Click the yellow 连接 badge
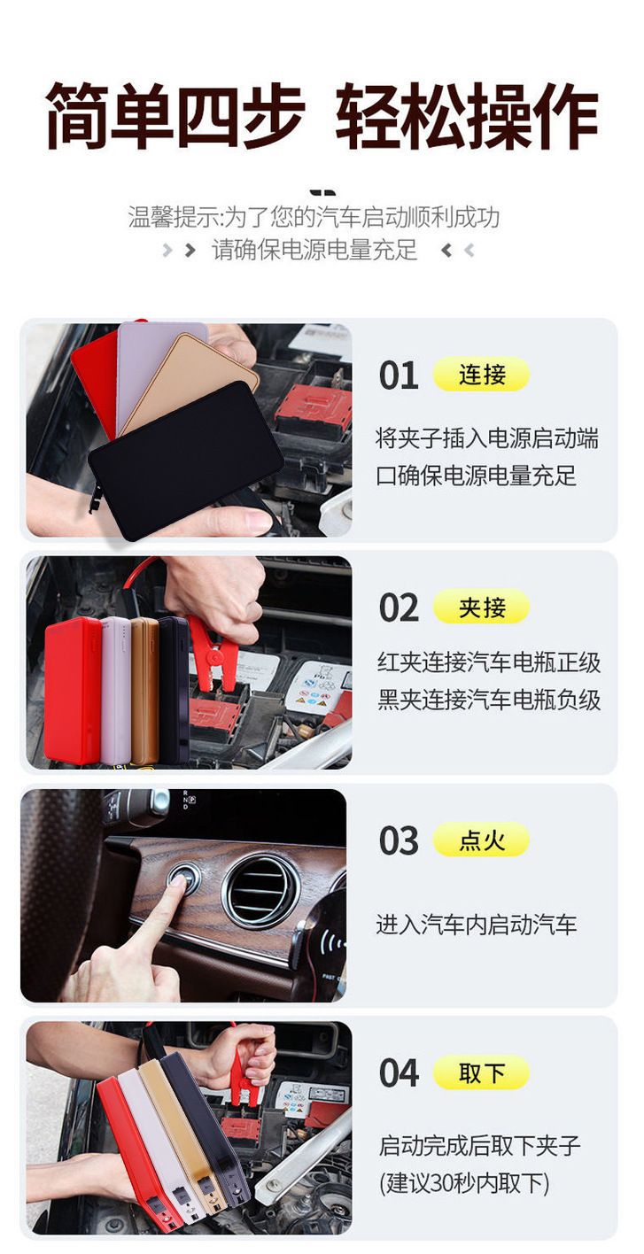point(481,375)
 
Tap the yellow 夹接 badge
point(481,608)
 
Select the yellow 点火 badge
point(481,840)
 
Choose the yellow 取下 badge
point(481,1073)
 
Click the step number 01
point(399,375)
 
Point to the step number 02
point(399,608)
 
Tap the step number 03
point(399,841)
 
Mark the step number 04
point(399,1074)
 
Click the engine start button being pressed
point(183,879)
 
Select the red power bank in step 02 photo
point(73,691)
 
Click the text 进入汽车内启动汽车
point(476,925)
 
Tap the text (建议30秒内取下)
point(464,1183)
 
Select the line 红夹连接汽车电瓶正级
point(489,662)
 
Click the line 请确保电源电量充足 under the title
point(314,250)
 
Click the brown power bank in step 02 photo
point(144,691)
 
